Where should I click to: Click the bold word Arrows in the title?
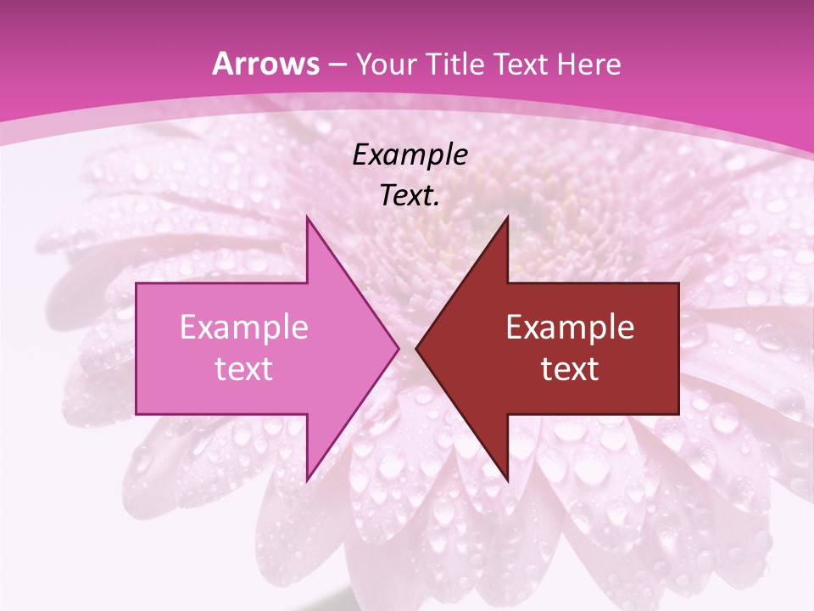[265, 64]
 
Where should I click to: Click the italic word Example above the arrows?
[410, 155]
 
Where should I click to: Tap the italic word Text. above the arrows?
[410, 195]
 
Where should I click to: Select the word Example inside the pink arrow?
[243, 328]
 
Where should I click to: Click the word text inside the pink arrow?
[243, 368]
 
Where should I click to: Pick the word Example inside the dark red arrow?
[570, 328]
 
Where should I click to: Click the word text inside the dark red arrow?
[570, 368]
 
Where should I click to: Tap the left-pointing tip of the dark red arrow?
[416, 348]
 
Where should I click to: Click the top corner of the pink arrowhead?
[307, 217]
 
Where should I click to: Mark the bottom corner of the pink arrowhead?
[307, 480]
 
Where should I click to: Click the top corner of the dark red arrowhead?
[507, 217]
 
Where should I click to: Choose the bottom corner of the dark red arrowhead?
[507, 480]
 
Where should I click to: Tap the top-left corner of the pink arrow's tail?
[137, 283]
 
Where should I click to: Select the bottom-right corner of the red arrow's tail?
[678, 414]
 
